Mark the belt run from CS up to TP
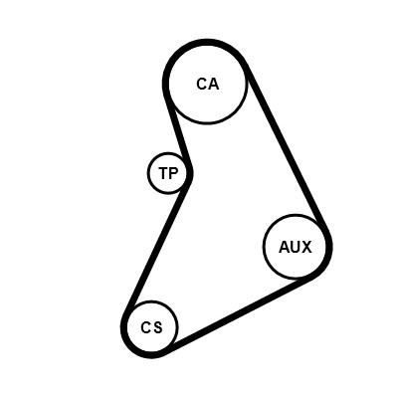(155, 247)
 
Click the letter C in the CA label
(202, 84)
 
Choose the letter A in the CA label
(214, 84)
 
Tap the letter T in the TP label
(164, 173)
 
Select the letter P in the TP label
(174, 173)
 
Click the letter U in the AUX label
(296, 247)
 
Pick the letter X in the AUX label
(306, 247)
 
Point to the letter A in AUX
(285, 247)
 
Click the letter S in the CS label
(158, 327)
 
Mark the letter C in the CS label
(146, 327)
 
